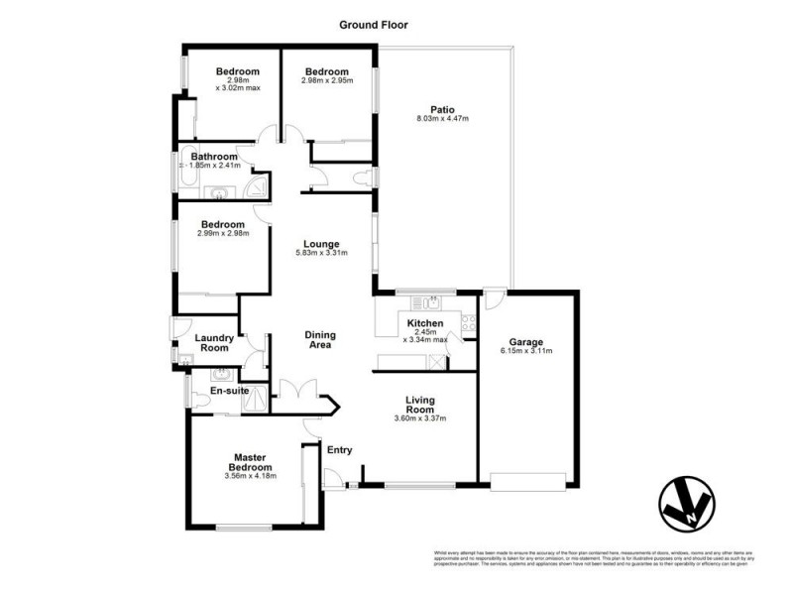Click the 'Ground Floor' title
pyautogui.click(x=374, y=25)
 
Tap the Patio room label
pyautogui.click(x=442, y=109)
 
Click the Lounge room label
pyautogui.click(x=322, y=244)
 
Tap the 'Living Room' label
pyautogui.click(x=421, y=404)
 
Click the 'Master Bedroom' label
pyautogui.click(x=252, y=462)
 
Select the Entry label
pyautogui.click(x=340, y=450)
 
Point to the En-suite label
pyautogui.click(x=229, y=392)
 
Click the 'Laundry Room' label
pyautogui.click(x=214, y=342)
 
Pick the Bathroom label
pyautogui.click(x=214, y=157)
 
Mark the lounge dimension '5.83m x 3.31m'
pyautogui.click(x=322, y=254)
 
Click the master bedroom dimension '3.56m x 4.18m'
pyautogui.click(x=252, y=477)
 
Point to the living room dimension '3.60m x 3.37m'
pyautogui.click(x=421, y=418)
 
